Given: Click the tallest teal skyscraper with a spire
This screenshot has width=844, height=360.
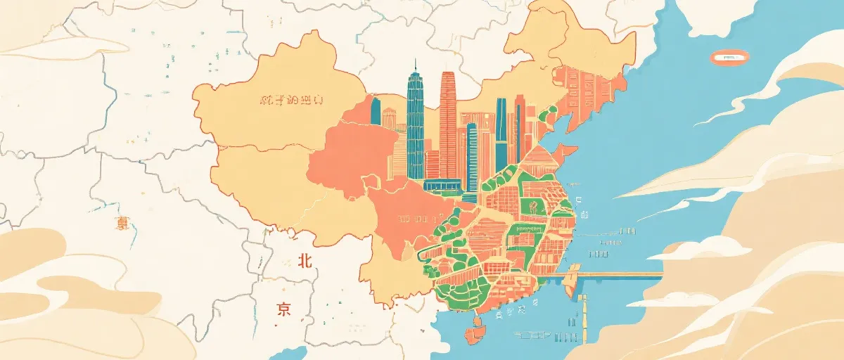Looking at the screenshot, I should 415,127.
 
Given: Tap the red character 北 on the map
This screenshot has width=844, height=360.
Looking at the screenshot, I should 304,261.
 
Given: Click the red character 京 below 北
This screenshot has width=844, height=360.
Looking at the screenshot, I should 283,309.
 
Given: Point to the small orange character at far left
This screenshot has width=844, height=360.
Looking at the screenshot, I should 123,224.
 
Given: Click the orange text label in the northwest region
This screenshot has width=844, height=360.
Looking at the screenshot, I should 291,100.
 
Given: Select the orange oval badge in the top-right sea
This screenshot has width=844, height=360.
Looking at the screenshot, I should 729,58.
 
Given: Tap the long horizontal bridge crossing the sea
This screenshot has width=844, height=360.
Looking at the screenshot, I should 619,275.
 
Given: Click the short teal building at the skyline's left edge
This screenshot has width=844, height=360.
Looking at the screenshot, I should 376,112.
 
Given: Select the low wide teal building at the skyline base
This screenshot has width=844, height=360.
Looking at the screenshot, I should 442,186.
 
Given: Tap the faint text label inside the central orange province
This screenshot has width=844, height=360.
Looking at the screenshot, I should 412,218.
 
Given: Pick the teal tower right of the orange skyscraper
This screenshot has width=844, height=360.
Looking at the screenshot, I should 501,130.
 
